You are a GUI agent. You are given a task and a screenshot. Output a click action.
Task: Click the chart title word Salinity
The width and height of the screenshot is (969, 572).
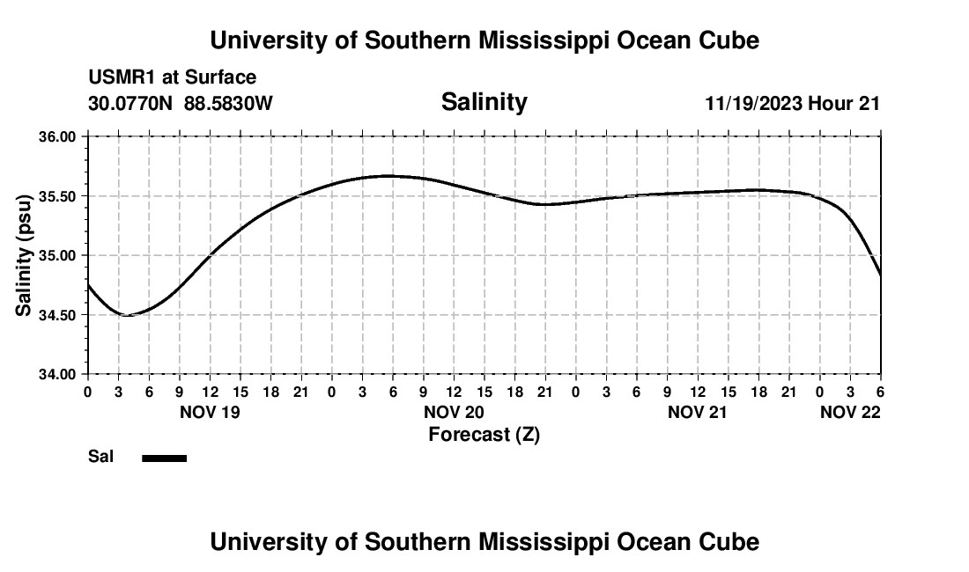[x=484, y=102]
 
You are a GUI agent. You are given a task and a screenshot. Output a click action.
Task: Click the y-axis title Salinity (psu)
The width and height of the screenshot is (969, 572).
[x=24, y=255]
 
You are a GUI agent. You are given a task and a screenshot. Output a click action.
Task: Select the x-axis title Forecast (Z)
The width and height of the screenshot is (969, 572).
[x=484, y=434]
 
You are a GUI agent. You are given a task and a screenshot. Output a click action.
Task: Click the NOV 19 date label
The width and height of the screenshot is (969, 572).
[x=210, y=411]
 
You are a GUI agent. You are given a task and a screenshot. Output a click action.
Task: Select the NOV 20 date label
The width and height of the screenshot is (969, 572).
[x=454, y=411]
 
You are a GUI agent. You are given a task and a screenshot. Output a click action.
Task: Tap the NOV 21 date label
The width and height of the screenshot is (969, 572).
[x=698, y=411]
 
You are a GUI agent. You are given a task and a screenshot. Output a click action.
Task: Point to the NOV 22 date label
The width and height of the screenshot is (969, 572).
[x=850, y=411]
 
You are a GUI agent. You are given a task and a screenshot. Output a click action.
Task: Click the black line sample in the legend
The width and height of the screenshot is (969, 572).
[x=164, y=458]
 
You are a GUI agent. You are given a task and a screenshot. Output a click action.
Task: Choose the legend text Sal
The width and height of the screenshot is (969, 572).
[x=100, y=457]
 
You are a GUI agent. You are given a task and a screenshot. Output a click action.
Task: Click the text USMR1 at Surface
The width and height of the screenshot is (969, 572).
[x=173, y=77]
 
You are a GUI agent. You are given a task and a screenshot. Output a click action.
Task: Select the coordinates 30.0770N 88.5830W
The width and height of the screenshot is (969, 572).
[x=181, y=103]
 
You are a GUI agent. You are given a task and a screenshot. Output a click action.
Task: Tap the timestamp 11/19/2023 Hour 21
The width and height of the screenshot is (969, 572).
[x=792, y=103]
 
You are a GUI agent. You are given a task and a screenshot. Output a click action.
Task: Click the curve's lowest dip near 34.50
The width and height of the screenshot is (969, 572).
[x=126, y=315]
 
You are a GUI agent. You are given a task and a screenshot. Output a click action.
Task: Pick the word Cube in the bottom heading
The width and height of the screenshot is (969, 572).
[x=734, y=542]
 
